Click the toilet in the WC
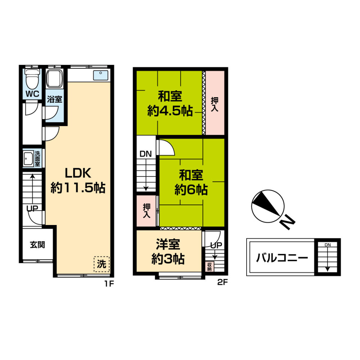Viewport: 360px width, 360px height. pyautogui.click(x=32, y=79)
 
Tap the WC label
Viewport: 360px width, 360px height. pyautogui.click(x=32, y=94)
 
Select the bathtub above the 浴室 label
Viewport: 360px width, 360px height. pyautogui.click(x=55, y=79)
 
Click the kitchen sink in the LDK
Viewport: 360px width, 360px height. pyautogui.click(x=100, y=75)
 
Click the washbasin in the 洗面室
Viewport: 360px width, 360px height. pyautogui.click(x=28, y=158)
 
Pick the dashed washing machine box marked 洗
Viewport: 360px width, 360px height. pyautogui.click(x=102, y=264)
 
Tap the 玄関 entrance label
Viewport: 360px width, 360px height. pyautogui.click(x=37, y=245)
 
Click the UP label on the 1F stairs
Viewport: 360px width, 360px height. pyautogui.click(x=32, y=208)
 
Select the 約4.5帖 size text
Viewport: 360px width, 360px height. pyautogui.click(x=170, y=111)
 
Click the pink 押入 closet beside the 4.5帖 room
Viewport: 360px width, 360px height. pyautogui.click(x=215, y=103)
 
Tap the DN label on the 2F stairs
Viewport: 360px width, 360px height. pyautogui.click(x=146, y=154)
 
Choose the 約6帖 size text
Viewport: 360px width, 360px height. pyautogui.click(x=191, y=190)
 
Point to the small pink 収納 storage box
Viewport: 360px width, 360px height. pyautogui.click(x=210, y=266)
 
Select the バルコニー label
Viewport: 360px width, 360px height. pyautogui.click(x=282, y=258)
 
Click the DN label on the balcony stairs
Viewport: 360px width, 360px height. pyautogui.click(x=328, y=245)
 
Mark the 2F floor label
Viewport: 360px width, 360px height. pyautogui.click(x=222, y=282)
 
